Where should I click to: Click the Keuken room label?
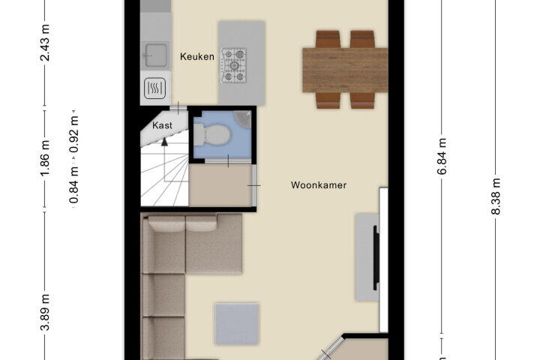[197, 56]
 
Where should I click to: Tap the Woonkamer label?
[319, 185]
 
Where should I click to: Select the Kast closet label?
[162, 125]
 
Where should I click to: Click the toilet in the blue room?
[211, 135]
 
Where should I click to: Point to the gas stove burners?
[234, 65]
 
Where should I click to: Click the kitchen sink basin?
[155, 55]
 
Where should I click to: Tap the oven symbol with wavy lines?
[155, 88]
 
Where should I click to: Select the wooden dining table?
[345, 70]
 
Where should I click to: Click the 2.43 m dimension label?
[45, 43]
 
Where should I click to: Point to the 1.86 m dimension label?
[45, 157]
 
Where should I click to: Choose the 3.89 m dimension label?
[45, 313]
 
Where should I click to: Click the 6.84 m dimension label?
[442, 157]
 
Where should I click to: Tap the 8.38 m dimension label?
[496, 196]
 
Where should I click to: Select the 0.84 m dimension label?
[74, 184]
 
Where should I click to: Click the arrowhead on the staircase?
[164, 141]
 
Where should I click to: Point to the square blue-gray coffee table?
[237, 324]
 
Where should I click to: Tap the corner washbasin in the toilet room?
[243, 119]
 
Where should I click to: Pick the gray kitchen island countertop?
[241, 63]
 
